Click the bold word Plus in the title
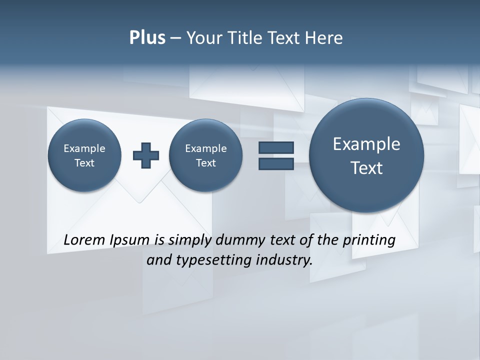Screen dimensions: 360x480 (x=147, y=38)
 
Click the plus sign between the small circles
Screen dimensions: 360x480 (x=146, y=155)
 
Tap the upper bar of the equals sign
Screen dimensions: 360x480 (x=276, y=148)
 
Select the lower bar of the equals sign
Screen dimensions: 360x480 (x=276, y=164)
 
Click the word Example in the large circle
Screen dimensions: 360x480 (x=366, y=144)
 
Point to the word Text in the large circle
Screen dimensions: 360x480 (x=366, y=168)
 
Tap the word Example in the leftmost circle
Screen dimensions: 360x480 (x=84, y=148)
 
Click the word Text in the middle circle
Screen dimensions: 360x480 (x=205, y=163)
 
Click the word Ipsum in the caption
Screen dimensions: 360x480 (x=130, y=240)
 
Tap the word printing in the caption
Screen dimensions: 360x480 (x=369, y=240)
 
